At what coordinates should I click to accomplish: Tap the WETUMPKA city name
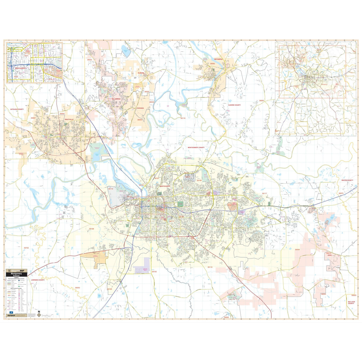(x=218, y=59)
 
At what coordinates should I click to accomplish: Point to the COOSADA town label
(x=140, y=108)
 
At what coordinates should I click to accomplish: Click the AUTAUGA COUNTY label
(x=17, y=109)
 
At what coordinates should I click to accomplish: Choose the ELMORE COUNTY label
(x=234, y=105)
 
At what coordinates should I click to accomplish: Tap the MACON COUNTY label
(x=347, y=180)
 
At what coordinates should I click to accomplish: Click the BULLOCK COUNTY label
(x=351, y=302)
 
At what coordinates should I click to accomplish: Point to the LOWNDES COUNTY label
(x=37, y=280)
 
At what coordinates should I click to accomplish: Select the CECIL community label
(x=329, y=255)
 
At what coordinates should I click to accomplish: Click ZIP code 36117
(x=264, y=193)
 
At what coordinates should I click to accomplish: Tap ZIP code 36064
(x=297, y=249)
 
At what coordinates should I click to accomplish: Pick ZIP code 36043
(x=78, y=288)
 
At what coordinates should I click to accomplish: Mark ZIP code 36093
(x=262, y=101)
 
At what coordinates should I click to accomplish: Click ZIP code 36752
(x=26, y=248)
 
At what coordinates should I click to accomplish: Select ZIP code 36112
(x=111, y=189)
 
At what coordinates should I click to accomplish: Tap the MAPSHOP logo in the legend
(x=11, y=316)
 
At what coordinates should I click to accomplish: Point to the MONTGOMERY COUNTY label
(x=196, y=148)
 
